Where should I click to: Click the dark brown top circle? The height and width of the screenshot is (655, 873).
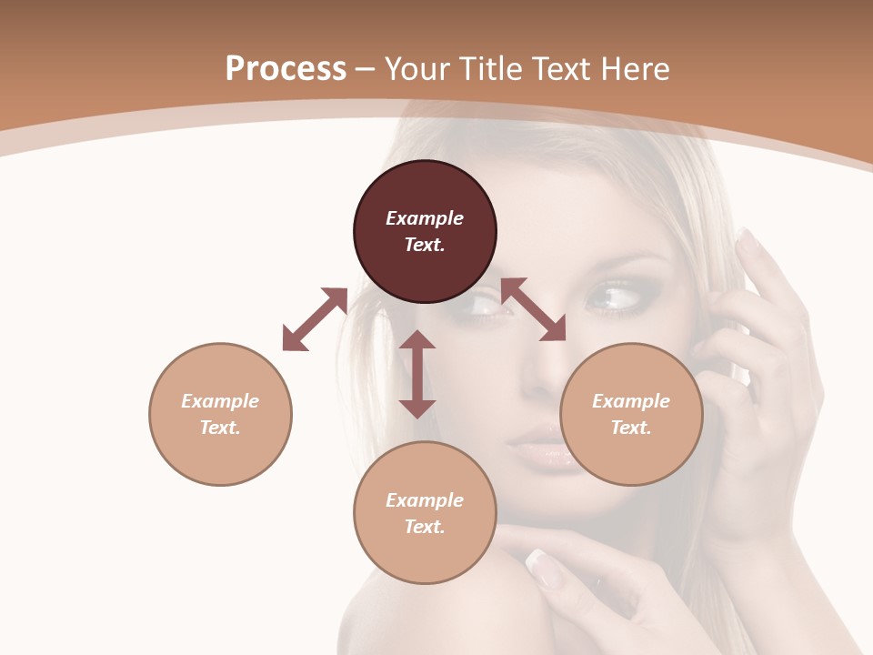[425, 232]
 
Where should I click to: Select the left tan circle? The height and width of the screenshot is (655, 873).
[220, 414]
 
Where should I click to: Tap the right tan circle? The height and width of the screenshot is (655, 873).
[631, 414]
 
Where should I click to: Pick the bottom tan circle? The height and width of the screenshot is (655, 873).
[425, 513]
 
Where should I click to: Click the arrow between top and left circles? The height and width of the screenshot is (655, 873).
[315, 319]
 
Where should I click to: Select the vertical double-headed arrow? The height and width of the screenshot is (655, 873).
[417, 374]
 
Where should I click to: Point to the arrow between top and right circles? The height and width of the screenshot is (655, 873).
[533, 309]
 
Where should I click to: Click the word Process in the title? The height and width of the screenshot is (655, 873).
[286, 68]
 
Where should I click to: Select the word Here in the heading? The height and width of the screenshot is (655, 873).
[635, 68]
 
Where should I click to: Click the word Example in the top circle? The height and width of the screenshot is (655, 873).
[425, 218]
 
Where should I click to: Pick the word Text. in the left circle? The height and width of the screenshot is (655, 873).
[220, 428]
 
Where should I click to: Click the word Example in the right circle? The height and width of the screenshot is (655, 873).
[631, 401]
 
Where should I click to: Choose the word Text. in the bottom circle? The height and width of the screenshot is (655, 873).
[425, 527]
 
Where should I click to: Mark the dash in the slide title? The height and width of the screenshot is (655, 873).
[366, 69]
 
